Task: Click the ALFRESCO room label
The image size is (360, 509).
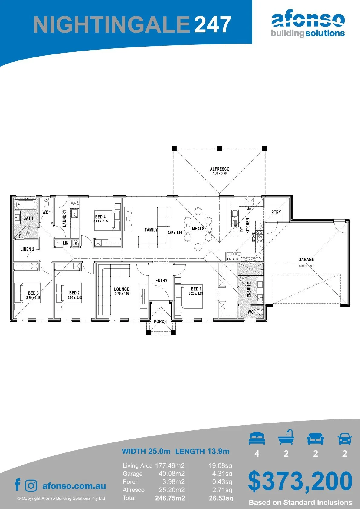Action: click(x=220, y=169)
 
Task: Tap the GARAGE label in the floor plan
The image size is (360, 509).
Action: click(x=306, y=259)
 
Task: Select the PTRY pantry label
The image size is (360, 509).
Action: click(x=276, y=212)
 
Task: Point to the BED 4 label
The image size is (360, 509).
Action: click(x=100, y=217)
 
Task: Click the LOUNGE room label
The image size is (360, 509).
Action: click(x=122, y=289)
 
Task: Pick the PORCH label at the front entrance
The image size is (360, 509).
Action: click(x=160, y=321)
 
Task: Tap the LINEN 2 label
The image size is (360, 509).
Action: click(x=27, y=249)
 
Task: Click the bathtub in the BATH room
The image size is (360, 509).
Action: click(x=26, y=205)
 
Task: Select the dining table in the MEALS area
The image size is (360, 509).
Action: click(x=198, y=229)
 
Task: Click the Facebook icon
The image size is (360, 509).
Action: click(x=18, y=484)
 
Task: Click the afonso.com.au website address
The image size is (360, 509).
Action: click(x=74, y=486)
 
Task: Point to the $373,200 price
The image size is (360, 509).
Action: click(x=300, y=481)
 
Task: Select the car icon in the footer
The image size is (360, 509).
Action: click(x=345, y=438)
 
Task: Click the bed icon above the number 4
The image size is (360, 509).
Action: click(x=257, y=438)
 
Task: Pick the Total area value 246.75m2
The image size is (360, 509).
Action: click(x=170, y=498)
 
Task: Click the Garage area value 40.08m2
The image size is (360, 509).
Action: click(x=172, y=474)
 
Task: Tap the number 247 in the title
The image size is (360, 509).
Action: click(x=213, y=24)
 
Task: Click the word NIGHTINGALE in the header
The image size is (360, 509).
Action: click(x=112, y=24)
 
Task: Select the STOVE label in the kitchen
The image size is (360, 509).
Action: click(x=254, y=237)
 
